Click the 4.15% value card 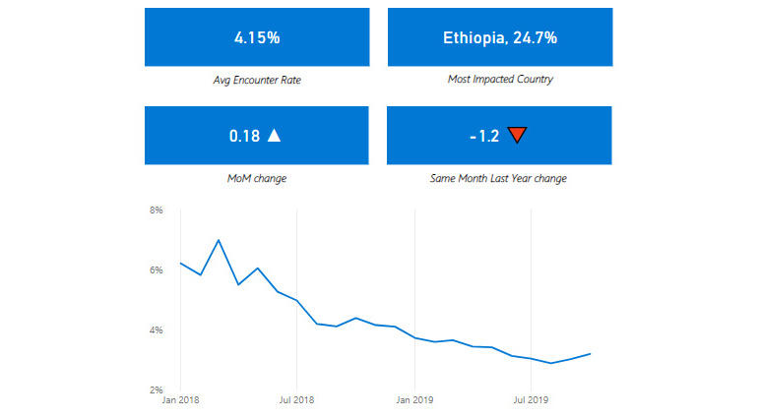257,37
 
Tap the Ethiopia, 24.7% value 500,37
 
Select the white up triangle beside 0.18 275,136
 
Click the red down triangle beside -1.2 518,136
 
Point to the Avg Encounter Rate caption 257,79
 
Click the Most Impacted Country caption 500,79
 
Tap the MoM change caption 257,178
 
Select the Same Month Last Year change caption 500,178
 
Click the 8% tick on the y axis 156,210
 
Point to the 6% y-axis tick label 156,270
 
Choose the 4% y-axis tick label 156,330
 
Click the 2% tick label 156,390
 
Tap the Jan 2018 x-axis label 180,400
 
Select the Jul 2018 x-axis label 296,400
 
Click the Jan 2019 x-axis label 414,400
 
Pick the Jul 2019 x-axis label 532,400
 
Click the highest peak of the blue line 219,240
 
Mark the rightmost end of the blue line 590,353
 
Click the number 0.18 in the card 244,136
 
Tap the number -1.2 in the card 484,136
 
